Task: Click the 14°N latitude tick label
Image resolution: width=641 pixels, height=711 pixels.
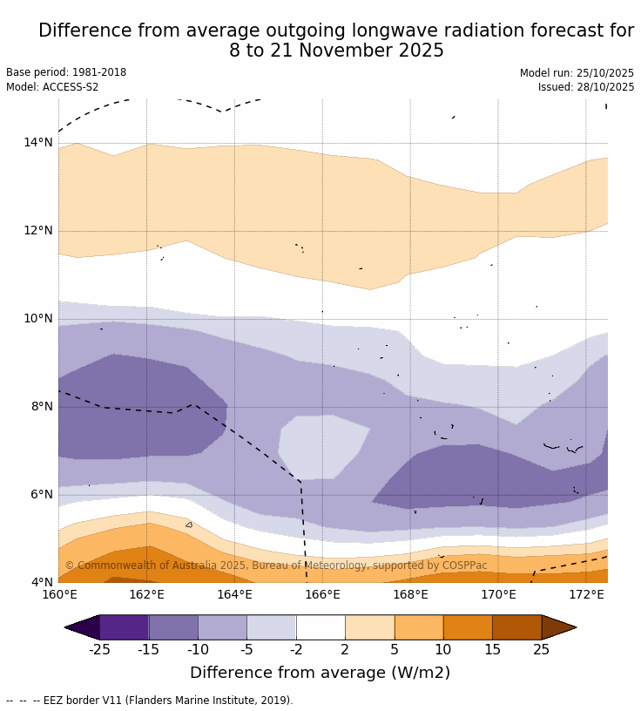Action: pos(37,142)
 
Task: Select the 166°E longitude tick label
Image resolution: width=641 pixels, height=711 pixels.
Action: pos(322,595)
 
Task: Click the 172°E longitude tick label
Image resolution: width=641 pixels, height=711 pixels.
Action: pos(586,595)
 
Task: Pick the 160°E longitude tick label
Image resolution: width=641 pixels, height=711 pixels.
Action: pos(59,595)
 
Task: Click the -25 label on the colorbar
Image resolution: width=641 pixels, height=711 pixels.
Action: pos(99,649)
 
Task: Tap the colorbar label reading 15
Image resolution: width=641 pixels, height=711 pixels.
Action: pos(492,649)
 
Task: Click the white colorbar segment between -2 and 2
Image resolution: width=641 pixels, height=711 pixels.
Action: pos(320,627)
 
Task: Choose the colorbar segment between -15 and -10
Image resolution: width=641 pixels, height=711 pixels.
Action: pos(173,627)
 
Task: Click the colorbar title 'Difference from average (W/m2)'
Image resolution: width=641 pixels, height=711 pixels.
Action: pos(320,673)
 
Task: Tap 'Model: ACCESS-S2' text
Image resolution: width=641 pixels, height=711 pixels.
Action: pos(52,87)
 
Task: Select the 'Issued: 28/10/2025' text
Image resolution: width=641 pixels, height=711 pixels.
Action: pos(586,87)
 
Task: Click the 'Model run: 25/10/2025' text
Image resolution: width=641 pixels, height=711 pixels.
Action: pos(577,73)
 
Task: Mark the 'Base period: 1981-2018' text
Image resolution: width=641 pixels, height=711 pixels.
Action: pos(66,73)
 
